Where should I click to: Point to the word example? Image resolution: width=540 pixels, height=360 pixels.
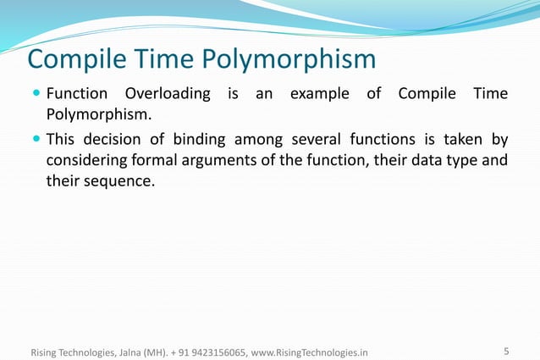click(319, 93)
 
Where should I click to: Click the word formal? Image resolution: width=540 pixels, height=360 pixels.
click(160, 160)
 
